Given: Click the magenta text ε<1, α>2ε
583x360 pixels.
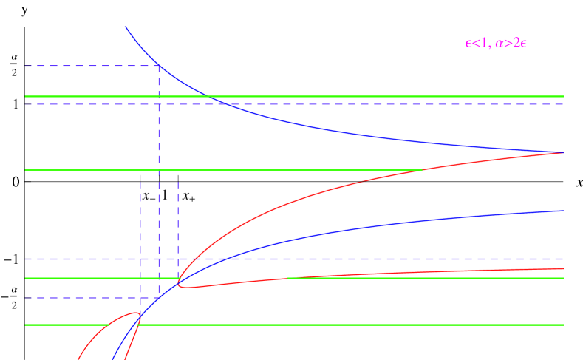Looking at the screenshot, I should [495, 44].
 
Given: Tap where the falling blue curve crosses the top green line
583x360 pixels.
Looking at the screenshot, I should [209, 96].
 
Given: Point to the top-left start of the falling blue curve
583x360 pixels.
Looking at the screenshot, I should [125, 27].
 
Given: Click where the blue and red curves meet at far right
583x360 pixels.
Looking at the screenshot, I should [563, 152].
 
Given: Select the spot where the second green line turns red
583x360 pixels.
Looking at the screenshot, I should [422, 170].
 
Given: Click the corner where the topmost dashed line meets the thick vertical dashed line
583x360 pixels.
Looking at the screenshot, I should [159, 66].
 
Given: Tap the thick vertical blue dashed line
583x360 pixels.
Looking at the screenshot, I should [159, 185].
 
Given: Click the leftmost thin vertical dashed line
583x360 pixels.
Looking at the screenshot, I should [140, 222].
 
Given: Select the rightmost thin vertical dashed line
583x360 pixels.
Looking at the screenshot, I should [178, 222].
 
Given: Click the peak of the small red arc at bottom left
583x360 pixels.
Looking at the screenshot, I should [137, 312].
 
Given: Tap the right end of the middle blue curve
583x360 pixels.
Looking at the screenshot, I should [563, 211].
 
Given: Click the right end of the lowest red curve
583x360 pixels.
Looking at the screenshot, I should [563, 268].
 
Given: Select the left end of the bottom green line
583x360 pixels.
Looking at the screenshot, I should [25, 325].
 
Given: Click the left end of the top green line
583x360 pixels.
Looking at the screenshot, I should [25, 96].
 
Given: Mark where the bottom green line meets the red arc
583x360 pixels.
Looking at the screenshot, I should [109, 325].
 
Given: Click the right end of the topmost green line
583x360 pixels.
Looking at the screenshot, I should [563, 96].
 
